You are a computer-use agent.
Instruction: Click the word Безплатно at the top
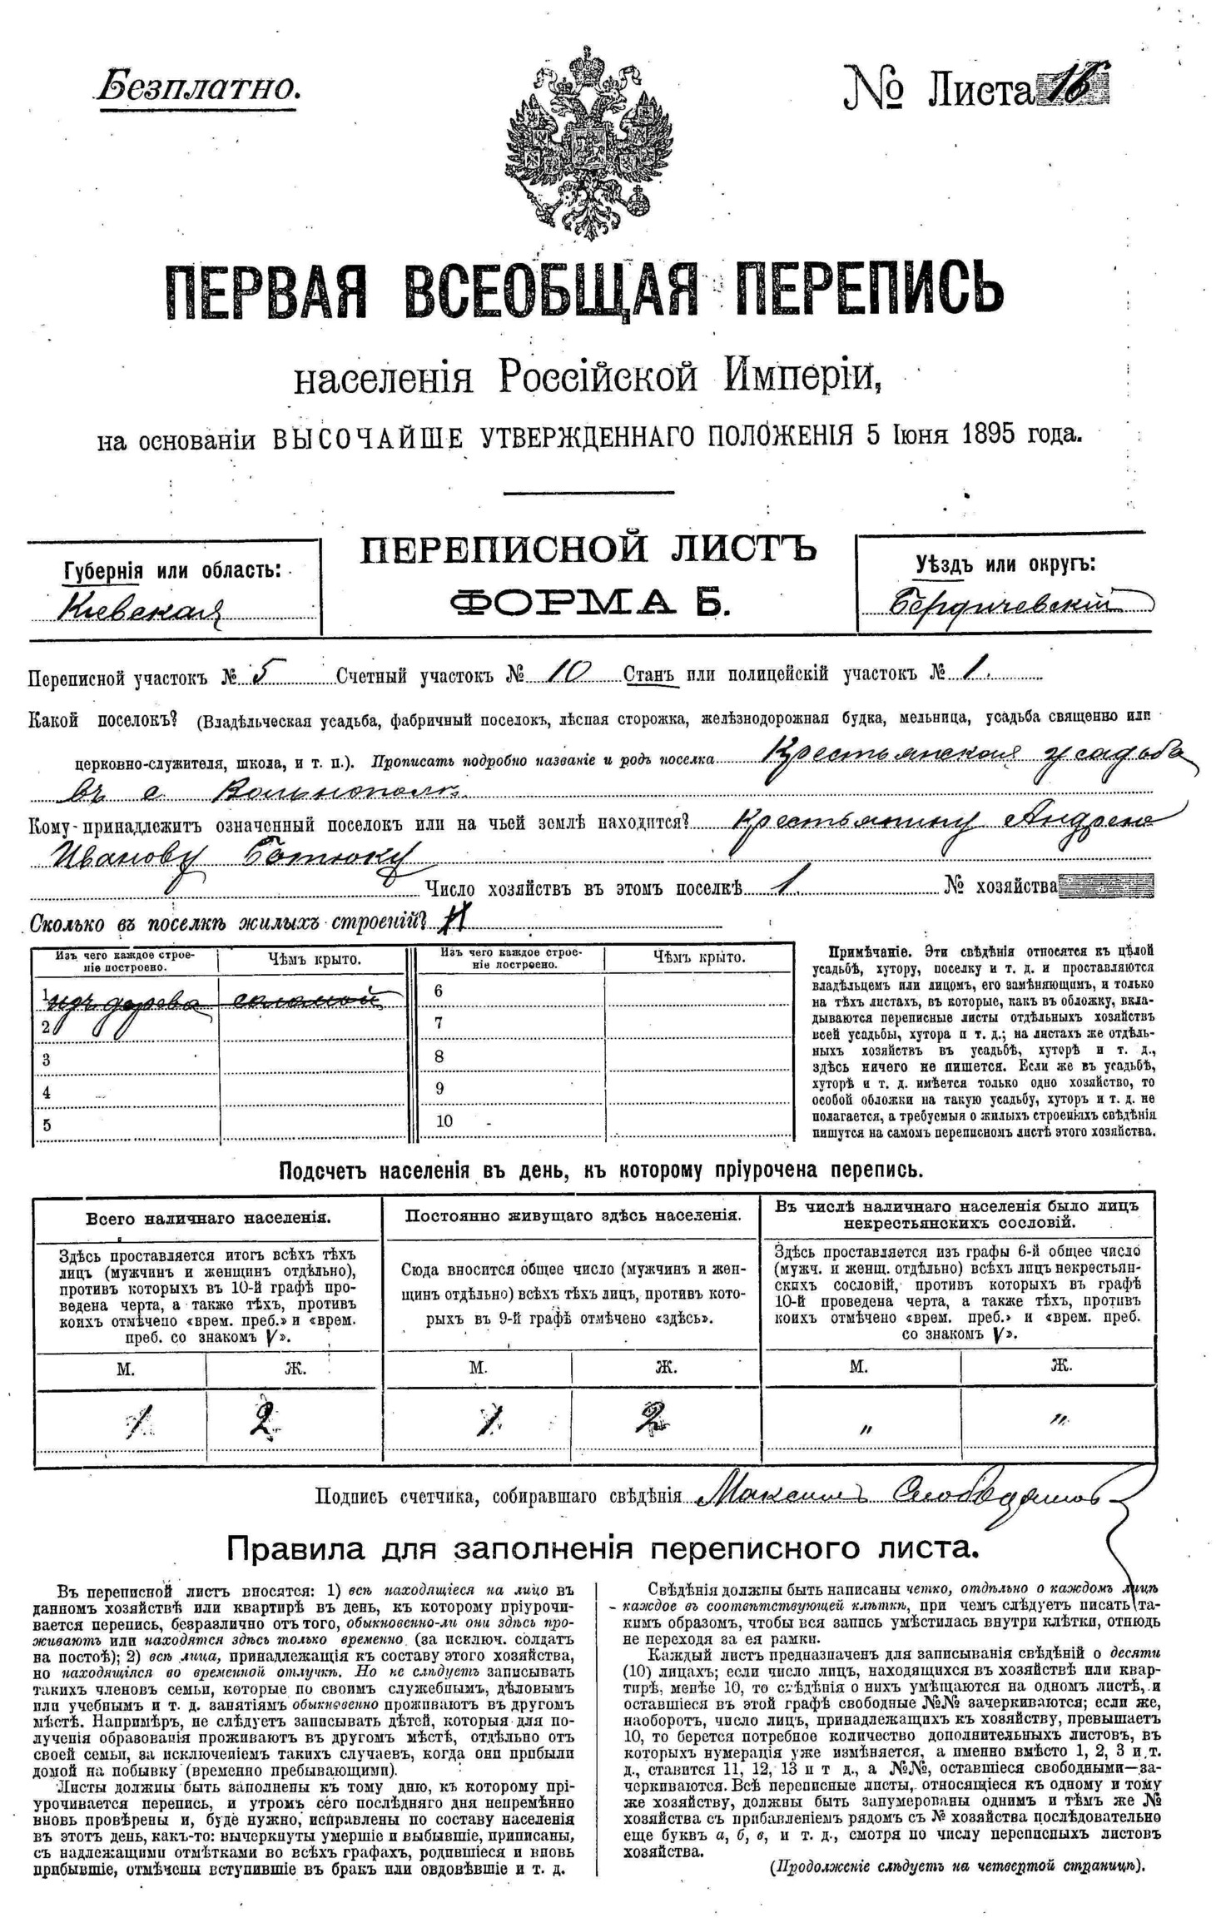(x=197, y=87)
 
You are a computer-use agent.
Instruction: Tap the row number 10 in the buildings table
(x=444, y=1120)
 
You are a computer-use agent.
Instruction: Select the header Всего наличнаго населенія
(x=208, y=1218)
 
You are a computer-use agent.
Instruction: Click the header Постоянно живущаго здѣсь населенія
(x=573, y=1215)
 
